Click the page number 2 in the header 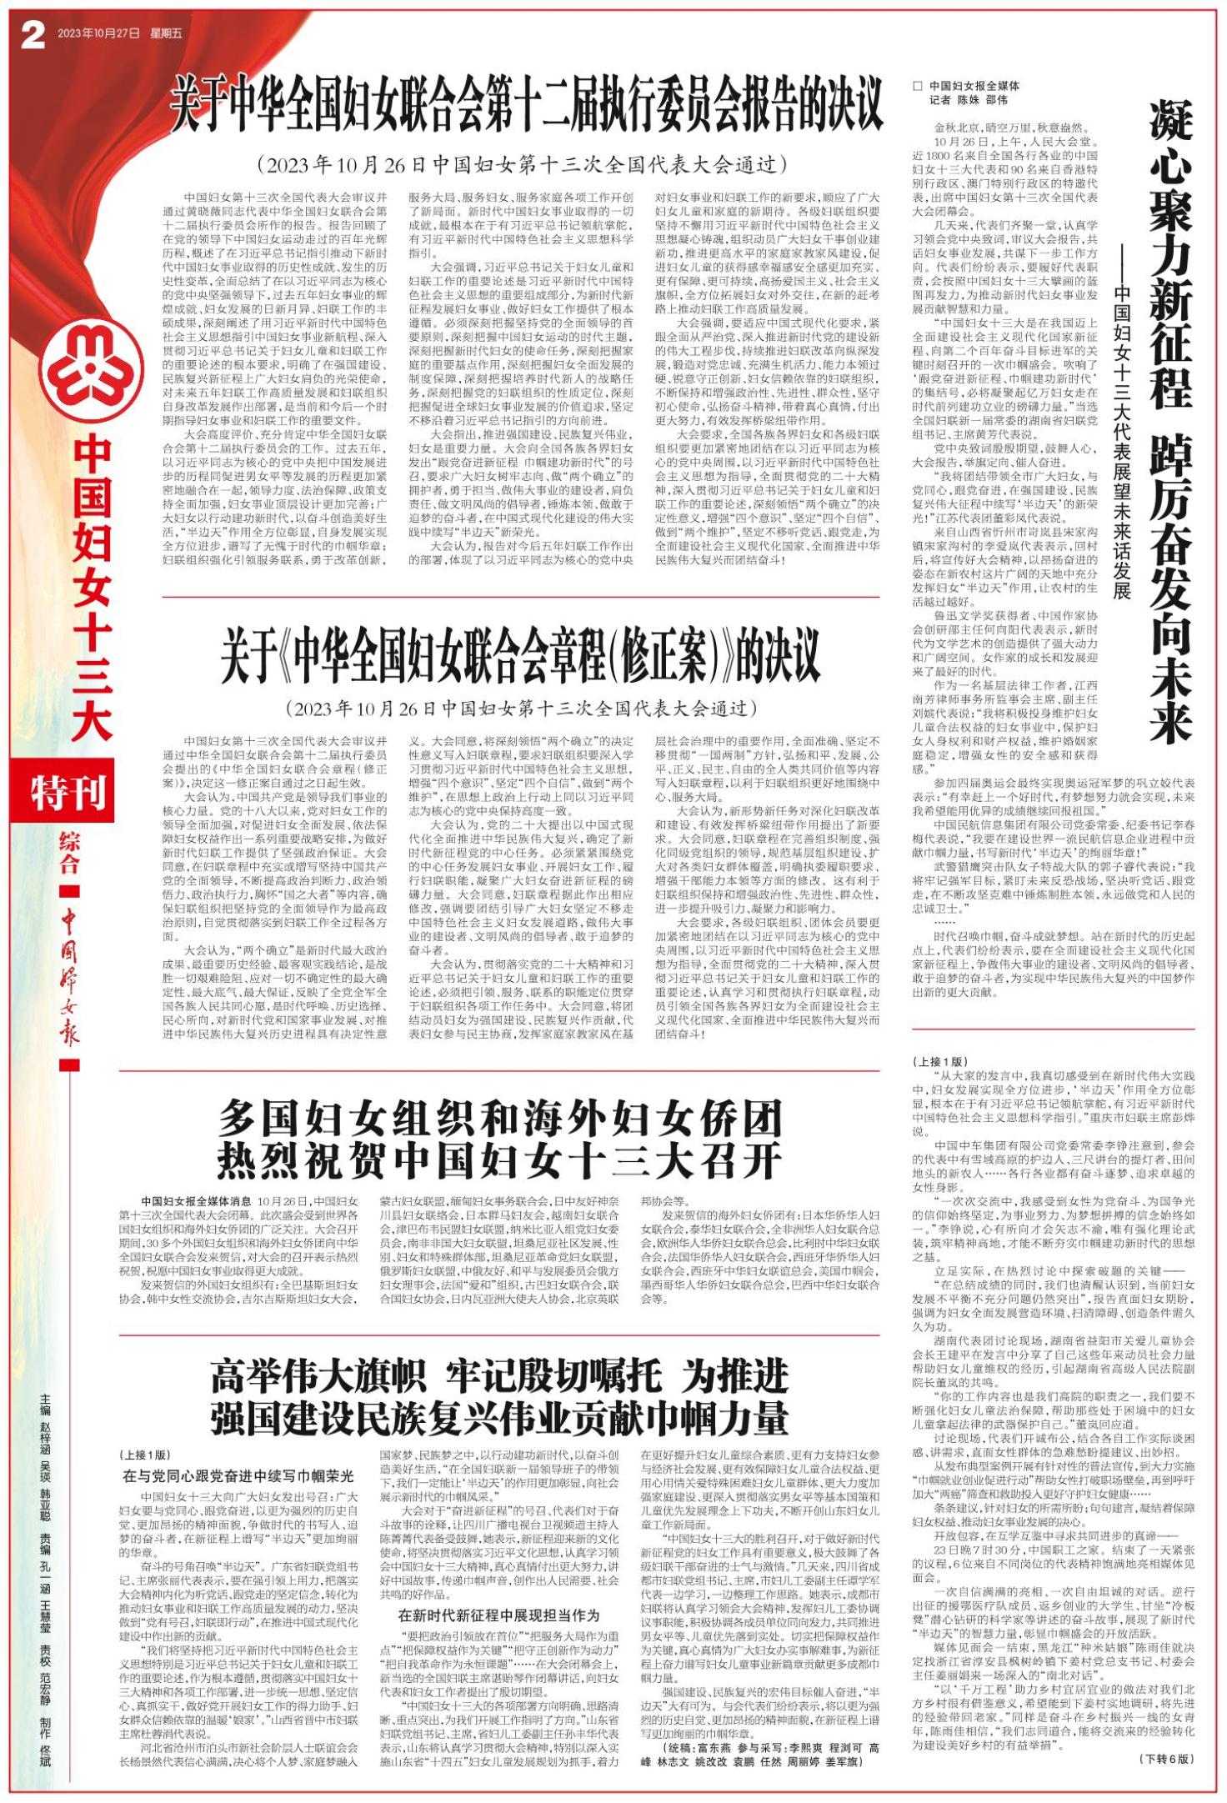tap(32, 35)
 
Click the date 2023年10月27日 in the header tap(98, 34)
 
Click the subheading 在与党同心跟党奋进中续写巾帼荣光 tap(238, 1475)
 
